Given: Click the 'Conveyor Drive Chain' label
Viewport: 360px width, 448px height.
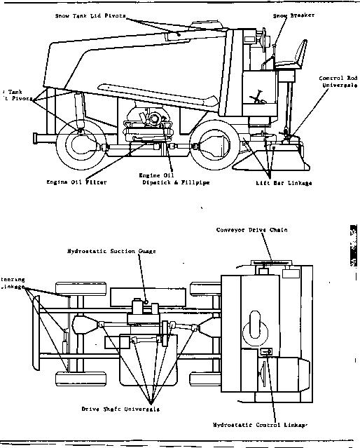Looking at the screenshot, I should point(262,230).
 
